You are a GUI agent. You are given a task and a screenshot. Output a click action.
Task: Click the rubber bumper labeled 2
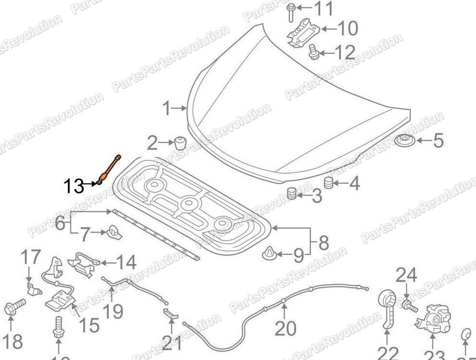(181, 143)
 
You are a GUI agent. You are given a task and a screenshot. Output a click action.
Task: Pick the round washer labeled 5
(406, 142)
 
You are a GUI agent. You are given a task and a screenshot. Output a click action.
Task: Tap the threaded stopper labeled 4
(328, 183)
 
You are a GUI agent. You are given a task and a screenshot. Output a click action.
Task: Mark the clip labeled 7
(113, 232)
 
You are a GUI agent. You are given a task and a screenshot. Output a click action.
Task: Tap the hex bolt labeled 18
(14, 308)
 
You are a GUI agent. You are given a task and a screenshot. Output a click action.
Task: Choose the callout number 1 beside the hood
(166, 109)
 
